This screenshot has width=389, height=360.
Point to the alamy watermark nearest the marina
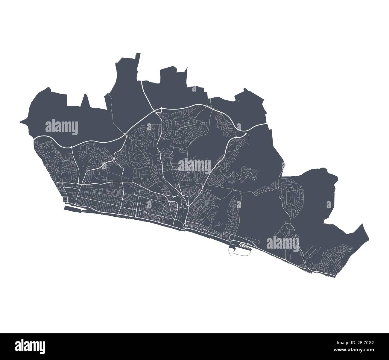tap(282, 242)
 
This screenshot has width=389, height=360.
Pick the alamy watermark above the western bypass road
tap(62, 127)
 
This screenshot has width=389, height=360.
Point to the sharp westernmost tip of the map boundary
tap(20, 122)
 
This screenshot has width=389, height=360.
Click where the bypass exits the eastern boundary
tap(266, 123)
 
